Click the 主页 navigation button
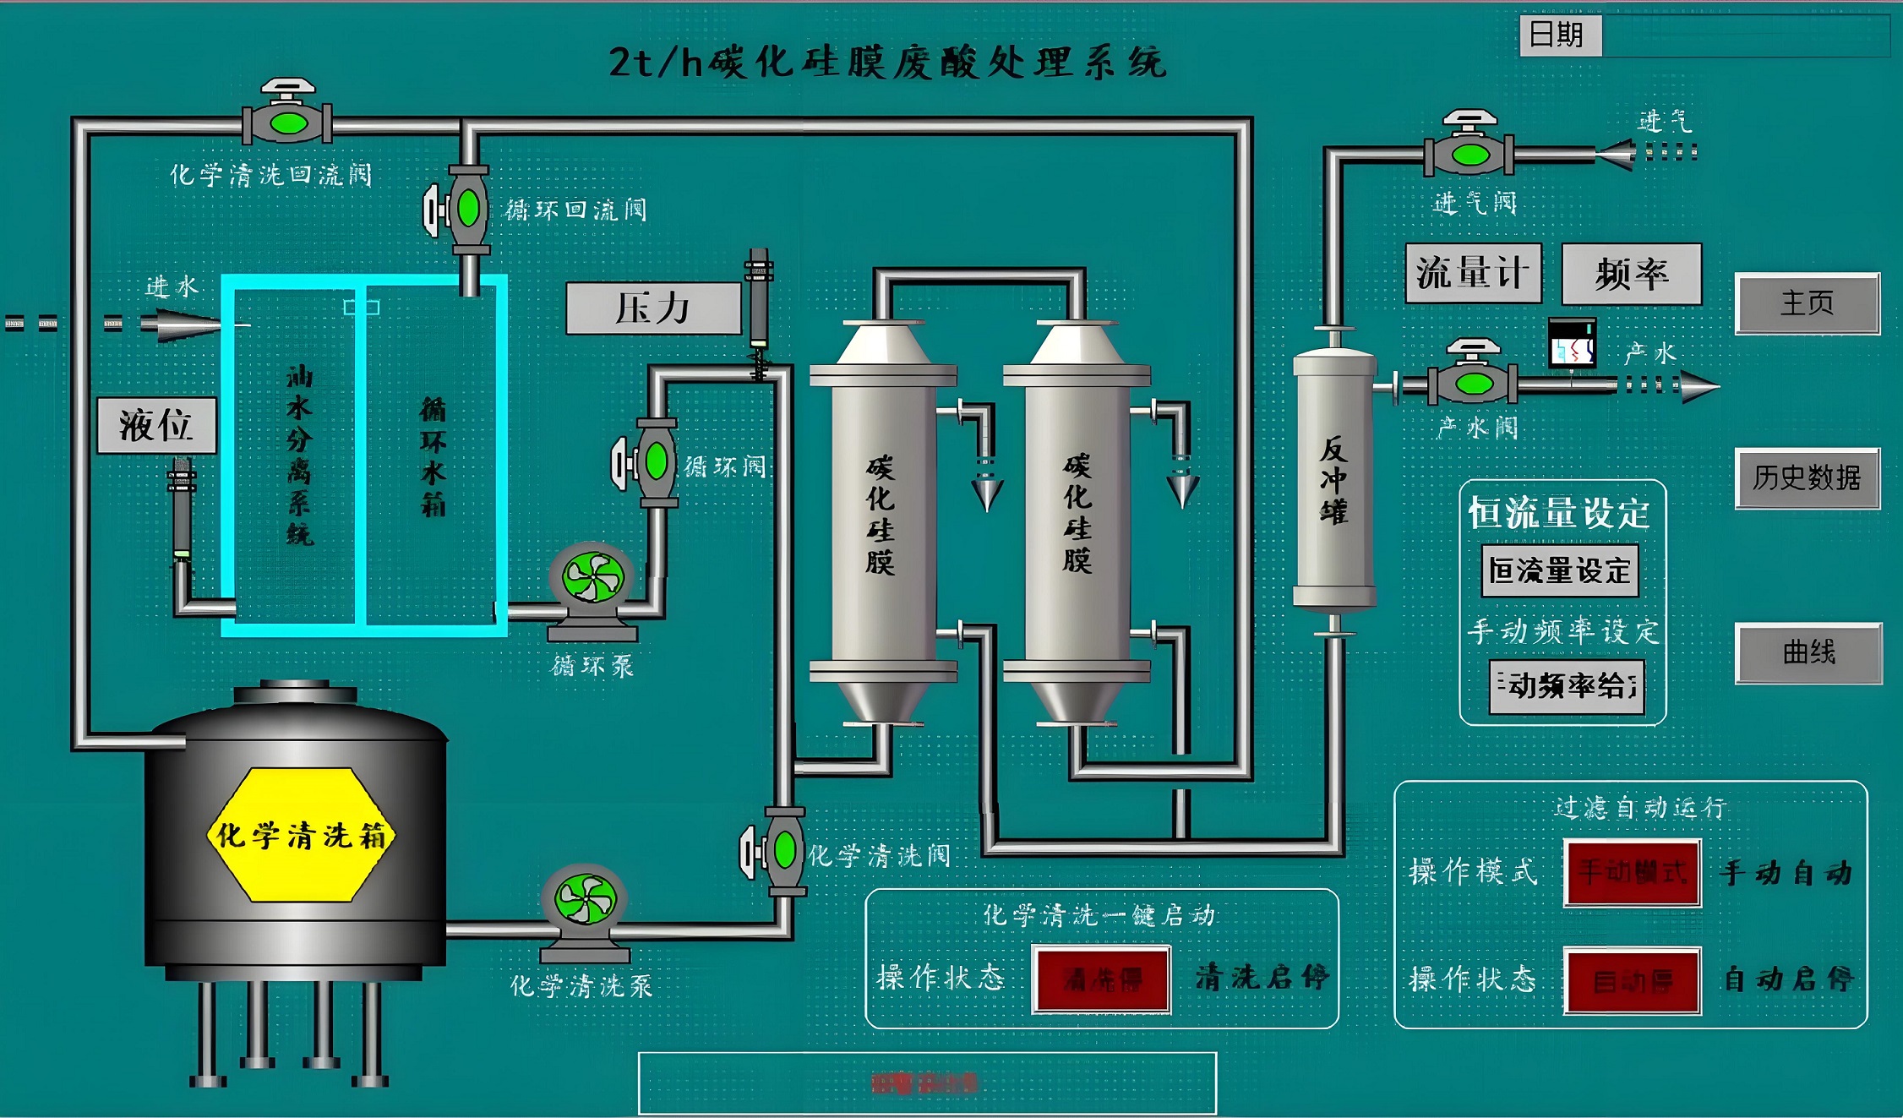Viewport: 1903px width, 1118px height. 1807,303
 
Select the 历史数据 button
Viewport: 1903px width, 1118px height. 1807,478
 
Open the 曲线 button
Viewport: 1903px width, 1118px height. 1808,652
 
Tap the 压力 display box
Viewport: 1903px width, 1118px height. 653,308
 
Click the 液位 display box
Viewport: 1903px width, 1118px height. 156,425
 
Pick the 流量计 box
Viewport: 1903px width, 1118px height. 1473,273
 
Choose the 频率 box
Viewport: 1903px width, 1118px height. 1631,274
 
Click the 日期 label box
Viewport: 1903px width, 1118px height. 1559,35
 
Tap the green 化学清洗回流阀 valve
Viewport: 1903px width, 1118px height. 287,123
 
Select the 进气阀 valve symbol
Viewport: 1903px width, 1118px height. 1470,154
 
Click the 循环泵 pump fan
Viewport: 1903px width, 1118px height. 592,578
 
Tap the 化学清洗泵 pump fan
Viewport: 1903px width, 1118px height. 585,898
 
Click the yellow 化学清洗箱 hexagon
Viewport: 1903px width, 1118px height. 301,835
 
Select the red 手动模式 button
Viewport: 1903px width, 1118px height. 1632,872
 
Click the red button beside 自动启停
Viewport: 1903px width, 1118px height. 1632,980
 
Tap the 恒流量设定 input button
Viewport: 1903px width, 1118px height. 1559,570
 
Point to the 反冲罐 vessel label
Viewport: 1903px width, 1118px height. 1333,480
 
